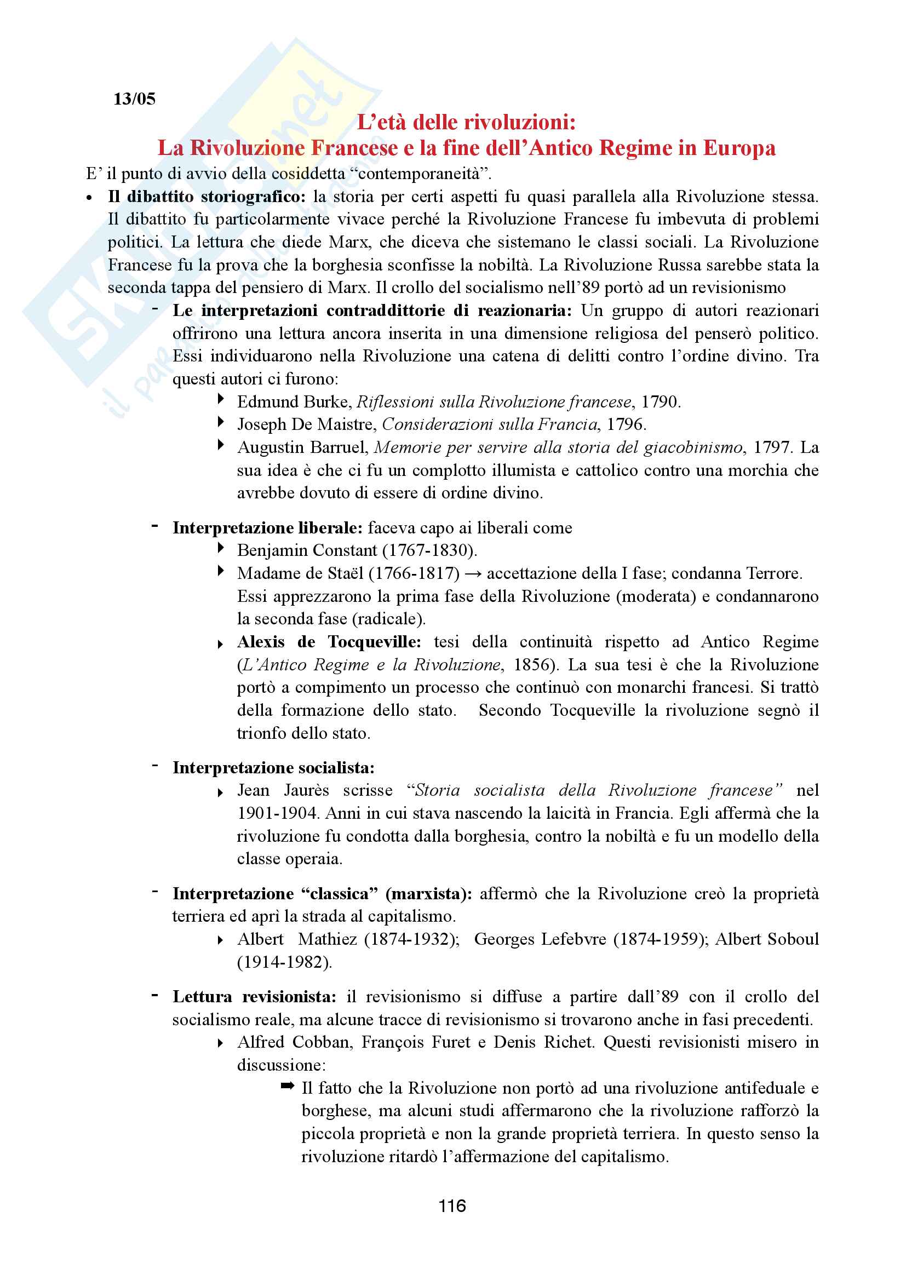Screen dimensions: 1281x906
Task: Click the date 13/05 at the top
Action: coord(134,99)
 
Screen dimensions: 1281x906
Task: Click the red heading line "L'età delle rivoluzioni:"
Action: coord(466,122)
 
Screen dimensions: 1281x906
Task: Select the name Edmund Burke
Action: coord(294,401)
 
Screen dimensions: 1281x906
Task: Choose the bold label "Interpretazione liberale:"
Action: coord(268,528)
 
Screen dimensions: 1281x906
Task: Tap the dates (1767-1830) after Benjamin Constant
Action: coord(429,550)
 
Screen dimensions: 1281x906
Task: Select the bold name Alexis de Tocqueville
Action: coord(329,642)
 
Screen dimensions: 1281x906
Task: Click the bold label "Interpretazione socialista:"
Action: coord(273,768)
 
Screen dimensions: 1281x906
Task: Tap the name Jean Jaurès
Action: coord(283,791)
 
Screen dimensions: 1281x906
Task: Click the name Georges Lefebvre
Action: coord(540,939)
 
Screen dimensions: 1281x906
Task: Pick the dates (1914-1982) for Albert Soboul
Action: coord(284,962)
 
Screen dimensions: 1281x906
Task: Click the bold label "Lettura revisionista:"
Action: coord(254,996)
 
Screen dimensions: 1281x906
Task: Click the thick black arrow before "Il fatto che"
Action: coord(288,1085)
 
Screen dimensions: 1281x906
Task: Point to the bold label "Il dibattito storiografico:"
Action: coord(207,197)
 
